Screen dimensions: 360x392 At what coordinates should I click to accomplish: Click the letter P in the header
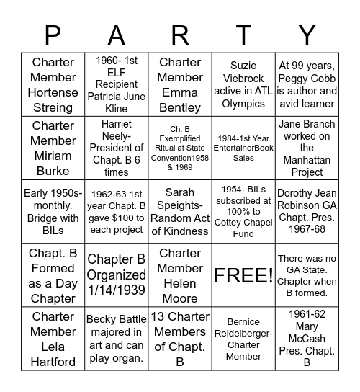click(x=52, y=35)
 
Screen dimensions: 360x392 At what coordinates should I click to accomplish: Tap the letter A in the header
click(x=116, y=35)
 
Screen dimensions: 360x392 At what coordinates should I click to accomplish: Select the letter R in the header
click(x=180, y=35)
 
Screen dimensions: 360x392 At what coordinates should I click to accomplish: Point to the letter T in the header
click(x=244, y=35)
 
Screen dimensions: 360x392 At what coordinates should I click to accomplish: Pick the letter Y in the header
click(x=307, y=35)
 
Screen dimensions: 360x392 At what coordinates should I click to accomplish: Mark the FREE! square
click(x=243, y=275)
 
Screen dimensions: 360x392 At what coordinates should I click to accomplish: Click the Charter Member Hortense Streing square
click(x=53, y=84)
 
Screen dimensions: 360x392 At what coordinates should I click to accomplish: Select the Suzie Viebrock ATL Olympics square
click(x=243, y=84)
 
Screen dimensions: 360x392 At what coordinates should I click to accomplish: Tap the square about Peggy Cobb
click(x=307, y=84)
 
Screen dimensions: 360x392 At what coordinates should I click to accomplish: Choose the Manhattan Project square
click(x=307, y=148)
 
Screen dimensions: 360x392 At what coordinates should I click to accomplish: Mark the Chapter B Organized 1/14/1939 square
click(x=117, y=275)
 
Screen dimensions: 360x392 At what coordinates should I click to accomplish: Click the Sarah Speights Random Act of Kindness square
click(x=180, y=211)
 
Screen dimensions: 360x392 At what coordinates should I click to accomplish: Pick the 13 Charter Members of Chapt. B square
click(x=180, y=339)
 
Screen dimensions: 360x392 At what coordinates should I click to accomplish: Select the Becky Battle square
click(x=117, y=339)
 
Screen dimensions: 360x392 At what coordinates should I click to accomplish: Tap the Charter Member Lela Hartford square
click(x=53, y=339)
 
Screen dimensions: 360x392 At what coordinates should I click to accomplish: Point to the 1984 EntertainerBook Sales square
click(x=243, y=148)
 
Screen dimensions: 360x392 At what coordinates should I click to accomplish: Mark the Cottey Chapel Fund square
click(x=243, y=211)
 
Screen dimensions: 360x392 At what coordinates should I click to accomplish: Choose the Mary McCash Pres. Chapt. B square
click(x=307, y=339)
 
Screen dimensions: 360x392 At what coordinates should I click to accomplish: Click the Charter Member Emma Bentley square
click(x=180, y=84)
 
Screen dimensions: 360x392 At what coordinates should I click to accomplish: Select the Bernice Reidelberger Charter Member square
click(x=243, y=339)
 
